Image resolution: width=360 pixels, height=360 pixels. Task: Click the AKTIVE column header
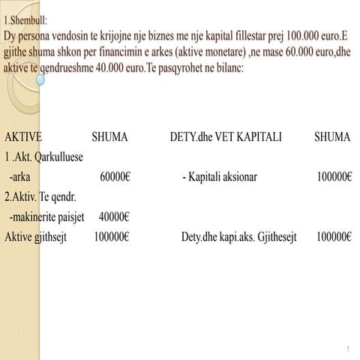[23, 138]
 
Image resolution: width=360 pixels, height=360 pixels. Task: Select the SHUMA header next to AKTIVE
[109, 138]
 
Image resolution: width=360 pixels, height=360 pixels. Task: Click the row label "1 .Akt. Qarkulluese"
[43, 158]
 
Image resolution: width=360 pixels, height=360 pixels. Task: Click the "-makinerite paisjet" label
[46, 217]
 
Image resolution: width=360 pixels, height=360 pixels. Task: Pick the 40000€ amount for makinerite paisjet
[115, 217]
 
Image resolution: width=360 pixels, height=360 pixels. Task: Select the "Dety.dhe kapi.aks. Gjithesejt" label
[238, 237]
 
